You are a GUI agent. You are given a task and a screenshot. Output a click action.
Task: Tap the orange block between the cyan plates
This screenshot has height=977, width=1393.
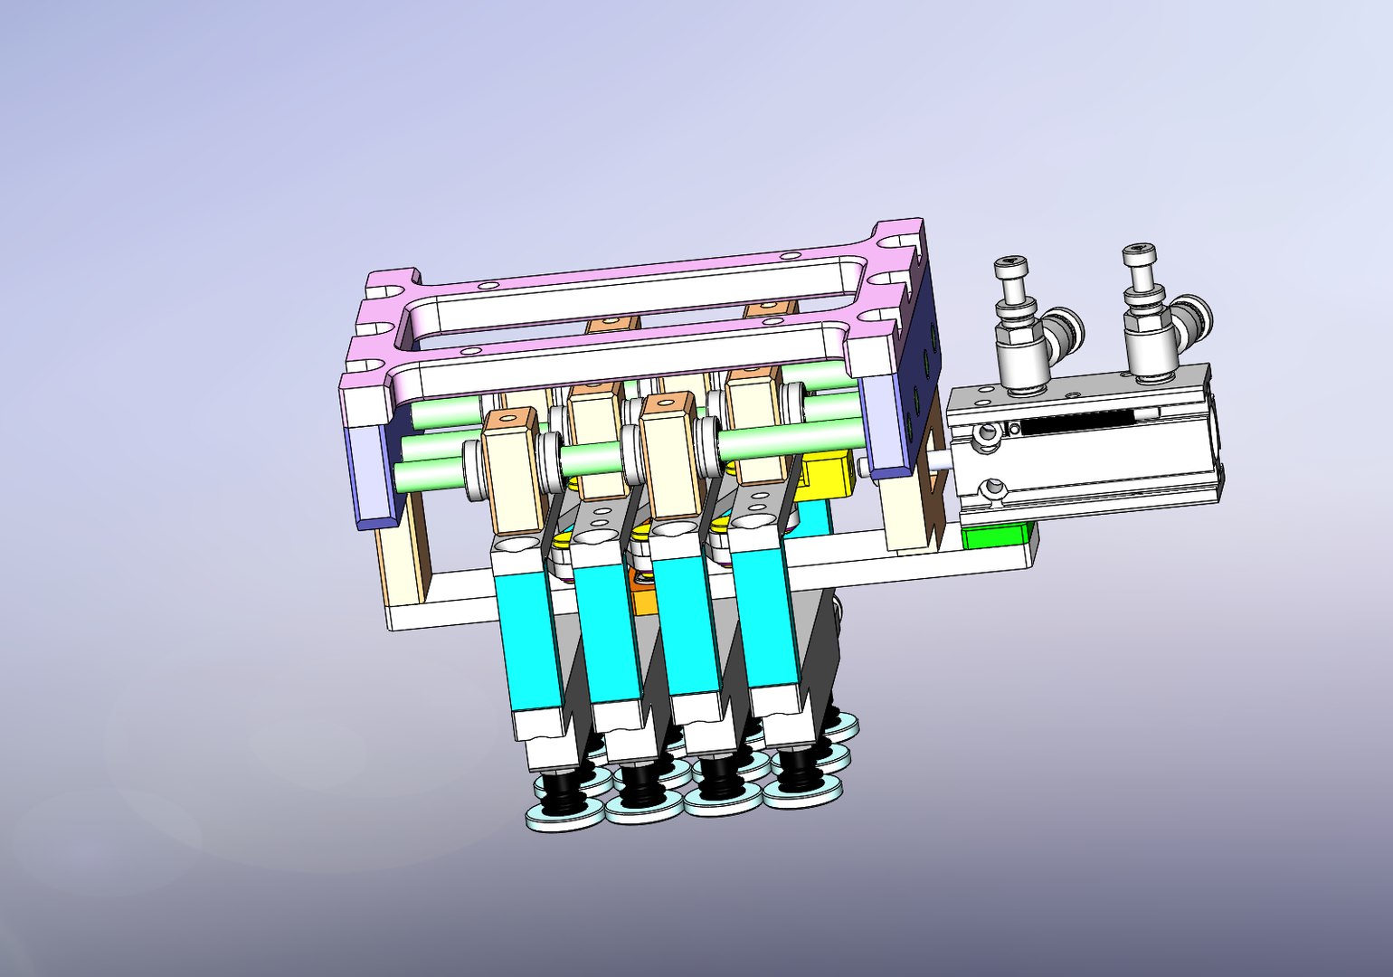coord(645,598)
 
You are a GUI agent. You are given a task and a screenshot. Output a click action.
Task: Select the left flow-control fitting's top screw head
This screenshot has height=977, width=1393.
coord(1011,268)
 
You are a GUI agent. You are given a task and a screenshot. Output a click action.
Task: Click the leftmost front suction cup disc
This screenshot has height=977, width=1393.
coord(565,813)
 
